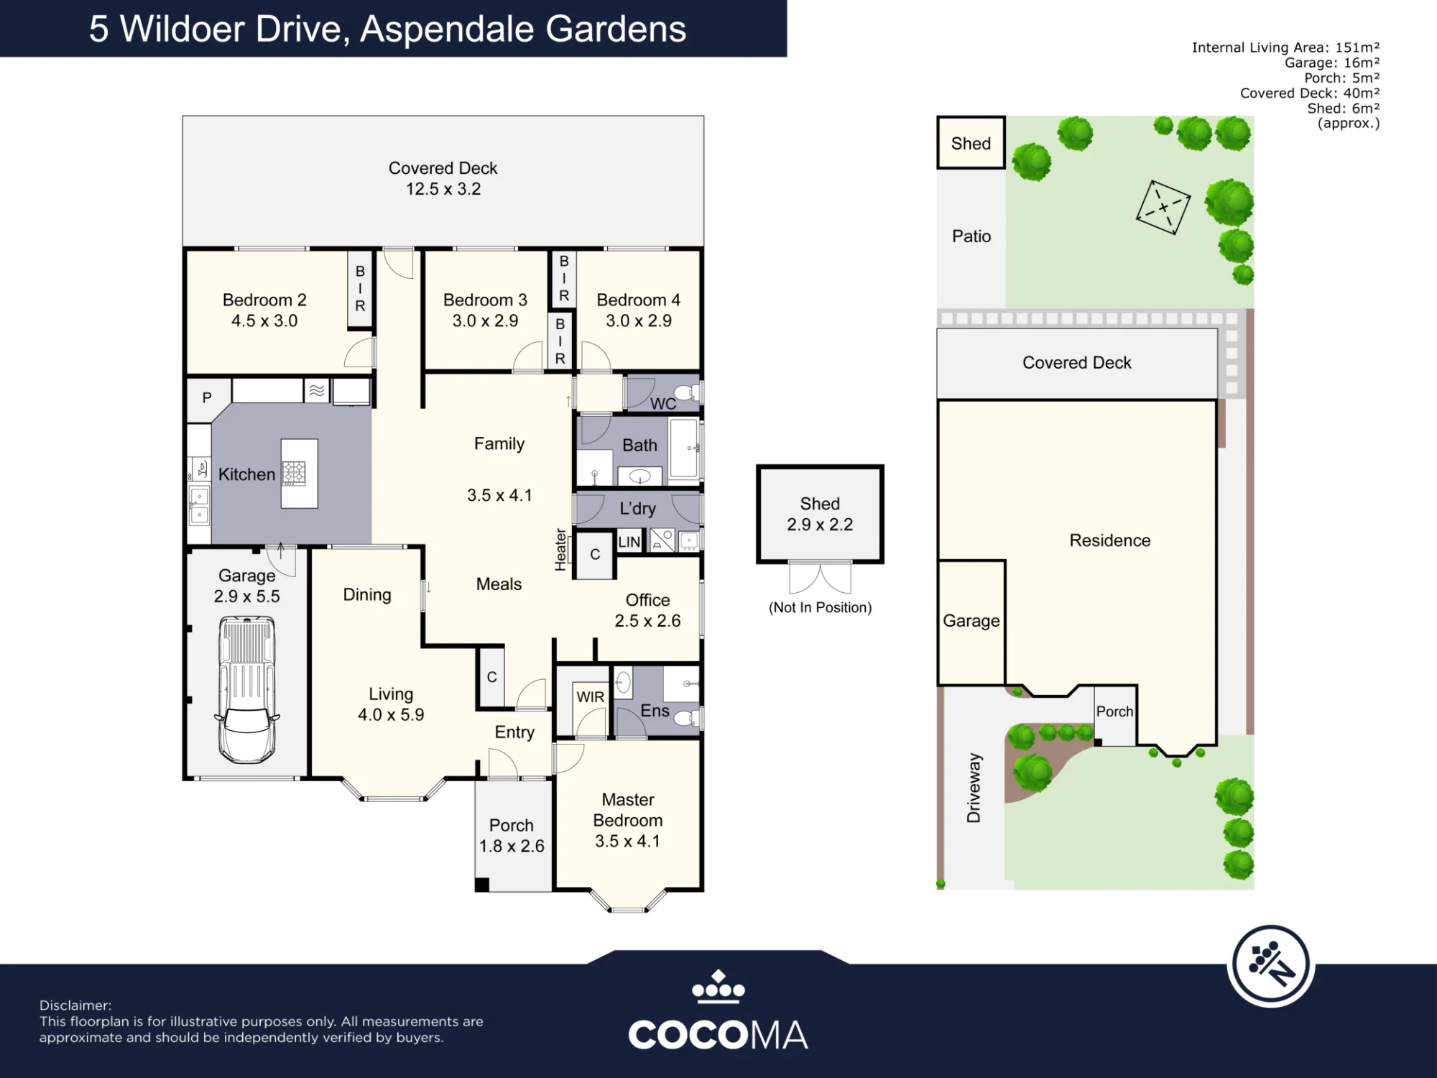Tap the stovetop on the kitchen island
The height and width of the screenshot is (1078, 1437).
coord(294,472)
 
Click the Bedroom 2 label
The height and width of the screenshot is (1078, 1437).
coord(264,300)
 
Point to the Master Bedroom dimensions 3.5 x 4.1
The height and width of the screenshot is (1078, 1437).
coord(627,841)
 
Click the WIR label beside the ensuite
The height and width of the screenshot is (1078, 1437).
coord(590,697)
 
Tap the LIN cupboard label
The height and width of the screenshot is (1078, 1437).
coord(629,542)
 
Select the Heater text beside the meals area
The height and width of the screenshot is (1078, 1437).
coord(561,550)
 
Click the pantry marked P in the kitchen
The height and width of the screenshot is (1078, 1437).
coord(207,397)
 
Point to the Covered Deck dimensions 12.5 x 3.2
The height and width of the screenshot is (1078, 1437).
coord(443,189)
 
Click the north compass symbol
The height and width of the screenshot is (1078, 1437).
coord(1270,965)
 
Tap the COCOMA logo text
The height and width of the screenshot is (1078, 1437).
coord(718,1035)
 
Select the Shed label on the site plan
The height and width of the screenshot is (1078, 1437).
coord(971,144)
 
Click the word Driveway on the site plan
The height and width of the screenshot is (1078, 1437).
coord(974,788)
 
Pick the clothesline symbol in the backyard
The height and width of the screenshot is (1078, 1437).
coord(1163,208)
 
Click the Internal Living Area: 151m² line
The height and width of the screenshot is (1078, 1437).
coord(1285,47)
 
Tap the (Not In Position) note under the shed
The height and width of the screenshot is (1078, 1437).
coord(820,607)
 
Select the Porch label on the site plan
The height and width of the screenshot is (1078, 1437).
coord(1114,711)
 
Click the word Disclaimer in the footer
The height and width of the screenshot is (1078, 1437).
coord(75,1005)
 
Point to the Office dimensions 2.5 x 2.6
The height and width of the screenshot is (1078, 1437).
coord(647,621)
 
